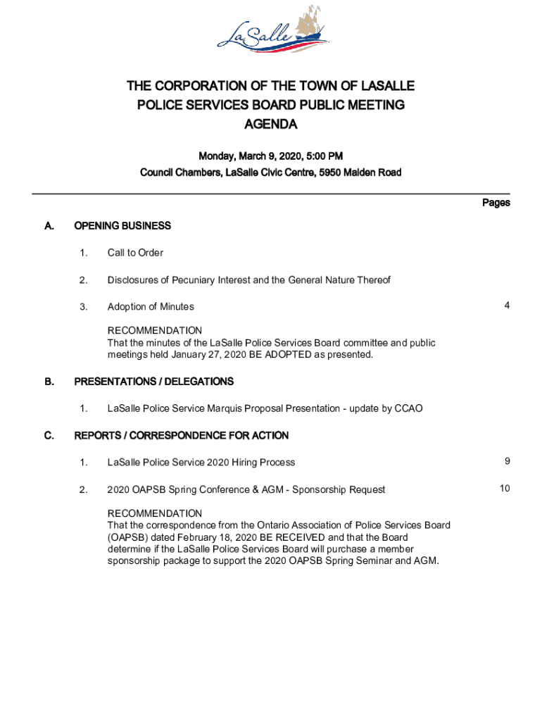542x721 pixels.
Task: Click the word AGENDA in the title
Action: pyautogui.click(x=271, y=125)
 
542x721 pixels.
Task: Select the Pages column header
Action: pyautogui.click(x=496, y=203)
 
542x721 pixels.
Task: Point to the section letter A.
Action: pyautogui.click(x=49, y=226)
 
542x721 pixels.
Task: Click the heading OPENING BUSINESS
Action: pyautogui.click(x=122, y=226)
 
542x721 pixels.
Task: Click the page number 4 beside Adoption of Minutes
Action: pyautogui.click(x=507, y=306)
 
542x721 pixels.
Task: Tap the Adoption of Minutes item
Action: pyautogui.click(x=151, y=307)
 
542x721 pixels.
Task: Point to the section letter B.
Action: pyautogui.click(x=49, y=382)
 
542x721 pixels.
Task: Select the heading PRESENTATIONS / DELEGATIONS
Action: pyautogui.click(x=154, y=382)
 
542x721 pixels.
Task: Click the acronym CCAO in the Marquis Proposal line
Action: pyautogui.click(x=408, y=408)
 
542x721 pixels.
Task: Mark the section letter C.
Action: pyautogui.click(x=49, y=436)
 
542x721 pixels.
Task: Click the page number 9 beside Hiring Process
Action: pyautogui.click(x=507, y=461)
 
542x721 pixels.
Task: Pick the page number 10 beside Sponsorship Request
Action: pyautogui.click(x=505, y=489)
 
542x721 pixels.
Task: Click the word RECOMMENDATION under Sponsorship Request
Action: pyautogui.click(x=154, y=513)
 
